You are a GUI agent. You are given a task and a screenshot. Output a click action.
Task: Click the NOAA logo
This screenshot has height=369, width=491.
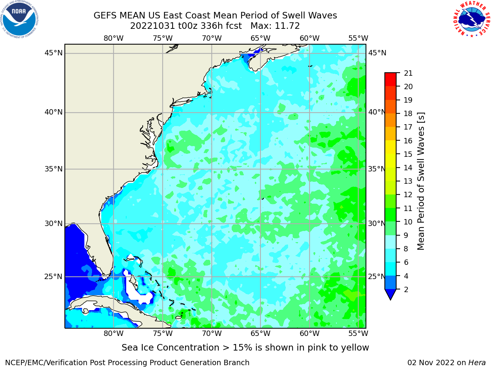pos(20,19)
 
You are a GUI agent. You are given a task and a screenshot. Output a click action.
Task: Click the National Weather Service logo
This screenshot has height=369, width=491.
pos(471,19)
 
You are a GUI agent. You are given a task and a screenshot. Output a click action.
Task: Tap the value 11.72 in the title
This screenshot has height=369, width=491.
pos(287,26)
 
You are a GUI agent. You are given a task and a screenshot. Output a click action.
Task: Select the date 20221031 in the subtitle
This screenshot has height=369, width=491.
pos(153,26)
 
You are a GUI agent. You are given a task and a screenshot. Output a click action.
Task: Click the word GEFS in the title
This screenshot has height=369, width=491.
pos(105,16)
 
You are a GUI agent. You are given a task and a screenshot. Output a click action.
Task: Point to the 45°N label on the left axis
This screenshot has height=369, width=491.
pos(53,53)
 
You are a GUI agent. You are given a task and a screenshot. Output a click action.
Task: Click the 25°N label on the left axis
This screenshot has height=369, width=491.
pos(53,277)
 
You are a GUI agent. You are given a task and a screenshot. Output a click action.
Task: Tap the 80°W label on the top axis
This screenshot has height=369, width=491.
pos(114,38)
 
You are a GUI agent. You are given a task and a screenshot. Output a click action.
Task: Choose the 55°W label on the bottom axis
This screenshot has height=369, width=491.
pos(358,334)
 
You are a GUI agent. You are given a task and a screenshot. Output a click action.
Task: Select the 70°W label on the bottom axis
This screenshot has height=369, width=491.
pos(212,334)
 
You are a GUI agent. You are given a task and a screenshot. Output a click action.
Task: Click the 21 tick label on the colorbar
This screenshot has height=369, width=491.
pos(408,73)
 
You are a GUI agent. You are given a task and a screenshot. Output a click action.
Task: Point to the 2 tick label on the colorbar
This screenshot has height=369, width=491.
pos(406,289)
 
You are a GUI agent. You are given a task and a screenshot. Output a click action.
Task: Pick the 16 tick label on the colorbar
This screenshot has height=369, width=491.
pos(408,141)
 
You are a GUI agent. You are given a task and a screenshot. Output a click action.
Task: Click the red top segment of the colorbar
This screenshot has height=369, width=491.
pos(390,80)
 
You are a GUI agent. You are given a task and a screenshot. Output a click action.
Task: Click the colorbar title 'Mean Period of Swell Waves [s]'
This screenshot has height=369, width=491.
pos(421,181)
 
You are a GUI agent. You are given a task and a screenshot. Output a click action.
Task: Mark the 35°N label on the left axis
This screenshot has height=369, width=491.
pos(53,169)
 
